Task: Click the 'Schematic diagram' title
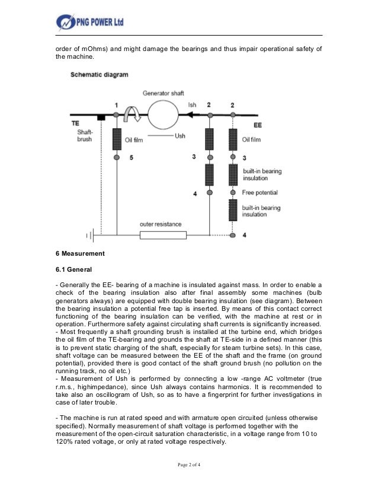click(100, 75)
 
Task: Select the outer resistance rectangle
click(163, 235)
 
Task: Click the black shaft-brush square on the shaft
click(101, 117)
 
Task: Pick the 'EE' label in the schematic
click(258, 126)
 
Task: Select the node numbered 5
click(116, 157)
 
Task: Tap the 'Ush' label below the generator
click(180, 136)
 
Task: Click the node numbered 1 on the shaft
click(116, 114)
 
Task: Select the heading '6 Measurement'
click(80, 253)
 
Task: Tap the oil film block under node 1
click(116, 139)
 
